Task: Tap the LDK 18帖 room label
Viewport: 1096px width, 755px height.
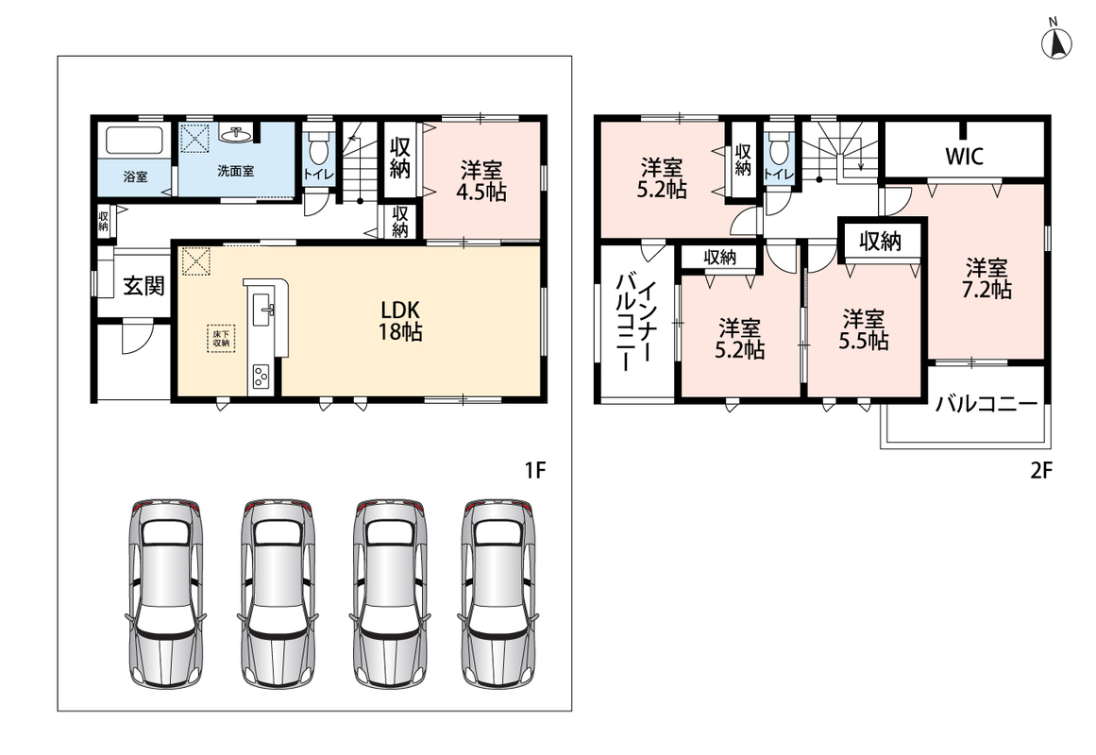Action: click(400, 321)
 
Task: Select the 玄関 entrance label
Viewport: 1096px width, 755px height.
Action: click(144, 285)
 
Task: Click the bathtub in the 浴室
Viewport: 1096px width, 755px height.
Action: click(134, 141)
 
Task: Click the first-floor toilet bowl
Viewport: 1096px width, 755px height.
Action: click(319, 148)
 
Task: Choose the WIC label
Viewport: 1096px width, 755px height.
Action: click(964, 156)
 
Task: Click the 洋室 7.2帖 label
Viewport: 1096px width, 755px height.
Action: click(986, 278)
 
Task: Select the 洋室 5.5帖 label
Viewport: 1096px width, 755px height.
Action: click(864, 330)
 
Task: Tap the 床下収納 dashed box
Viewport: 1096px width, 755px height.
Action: click(221, 339)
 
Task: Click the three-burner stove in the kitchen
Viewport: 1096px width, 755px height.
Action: click(260, 377)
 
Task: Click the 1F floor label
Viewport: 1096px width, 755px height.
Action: click(534, 471)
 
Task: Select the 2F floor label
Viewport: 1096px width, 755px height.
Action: click(1041, 471)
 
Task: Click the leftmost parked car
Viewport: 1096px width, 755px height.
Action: click(165, 595)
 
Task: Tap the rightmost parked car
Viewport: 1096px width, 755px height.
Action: click(498, 595)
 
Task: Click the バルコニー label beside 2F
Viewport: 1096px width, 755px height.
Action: click(986, 404)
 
